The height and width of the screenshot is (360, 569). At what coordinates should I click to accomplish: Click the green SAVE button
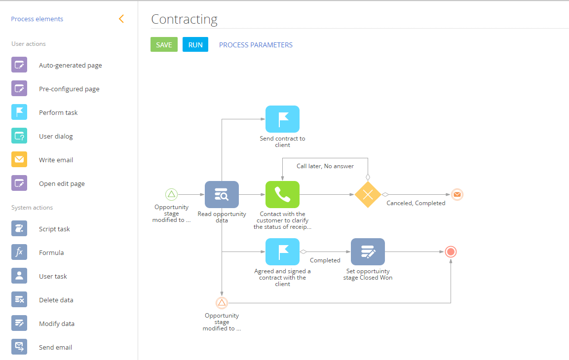164,45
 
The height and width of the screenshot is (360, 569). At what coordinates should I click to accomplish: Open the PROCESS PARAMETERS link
256,45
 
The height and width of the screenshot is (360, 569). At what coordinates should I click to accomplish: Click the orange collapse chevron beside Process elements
121,19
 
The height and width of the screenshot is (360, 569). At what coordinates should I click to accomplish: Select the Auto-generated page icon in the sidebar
19,65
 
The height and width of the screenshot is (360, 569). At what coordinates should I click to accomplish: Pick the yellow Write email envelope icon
19,160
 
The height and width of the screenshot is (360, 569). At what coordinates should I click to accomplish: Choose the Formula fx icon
19,252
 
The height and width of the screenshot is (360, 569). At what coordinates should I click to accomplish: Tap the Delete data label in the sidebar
56,300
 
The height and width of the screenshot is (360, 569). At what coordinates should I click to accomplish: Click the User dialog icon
19,136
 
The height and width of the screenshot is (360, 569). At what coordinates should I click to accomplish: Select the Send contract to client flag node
282,119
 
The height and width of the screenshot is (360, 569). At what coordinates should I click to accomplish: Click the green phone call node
282,194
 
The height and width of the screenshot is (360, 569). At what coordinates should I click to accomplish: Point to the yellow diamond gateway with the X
368,194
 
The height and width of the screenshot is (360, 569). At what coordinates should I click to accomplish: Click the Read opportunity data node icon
222,194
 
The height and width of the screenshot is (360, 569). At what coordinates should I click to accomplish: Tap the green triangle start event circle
171,194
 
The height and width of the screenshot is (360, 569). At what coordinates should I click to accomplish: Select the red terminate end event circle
450,252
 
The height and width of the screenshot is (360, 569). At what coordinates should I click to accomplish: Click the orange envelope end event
457,194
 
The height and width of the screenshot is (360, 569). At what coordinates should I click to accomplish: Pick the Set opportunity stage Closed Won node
368,252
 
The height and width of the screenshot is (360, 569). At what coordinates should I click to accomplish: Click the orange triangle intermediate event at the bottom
222,303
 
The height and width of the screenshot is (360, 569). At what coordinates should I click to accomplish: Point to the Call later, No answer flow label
325,166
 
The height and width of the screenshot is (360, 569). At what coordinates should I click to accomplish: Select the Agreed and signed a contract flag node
282,252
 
